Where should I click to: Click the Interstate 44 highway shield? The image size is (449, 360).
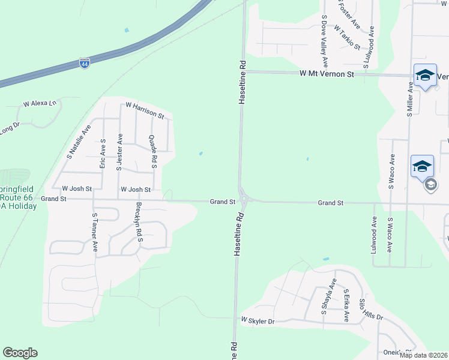pos(85,63)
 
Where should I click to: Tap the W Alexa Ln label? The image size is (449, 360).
pos(40,104)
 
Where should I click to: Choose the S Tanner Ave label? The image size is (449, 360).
pos(94,231)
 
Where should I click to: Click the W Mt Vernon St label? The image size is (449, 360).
pos(327,74)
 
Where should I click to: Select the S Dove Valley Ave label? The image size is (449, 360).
pos(324,41)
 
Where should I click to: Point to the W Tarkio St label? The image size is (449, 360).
pos(347,37)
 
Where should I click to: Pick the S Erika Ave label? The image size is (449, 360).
pos(346,305)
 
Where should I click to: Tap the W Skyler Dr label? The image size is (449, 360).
pos(258,322)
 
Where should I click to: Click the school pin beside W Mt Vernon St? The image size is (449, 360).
pos(425,75)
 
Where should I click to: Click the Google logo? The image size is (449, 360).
pos(20,353)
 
